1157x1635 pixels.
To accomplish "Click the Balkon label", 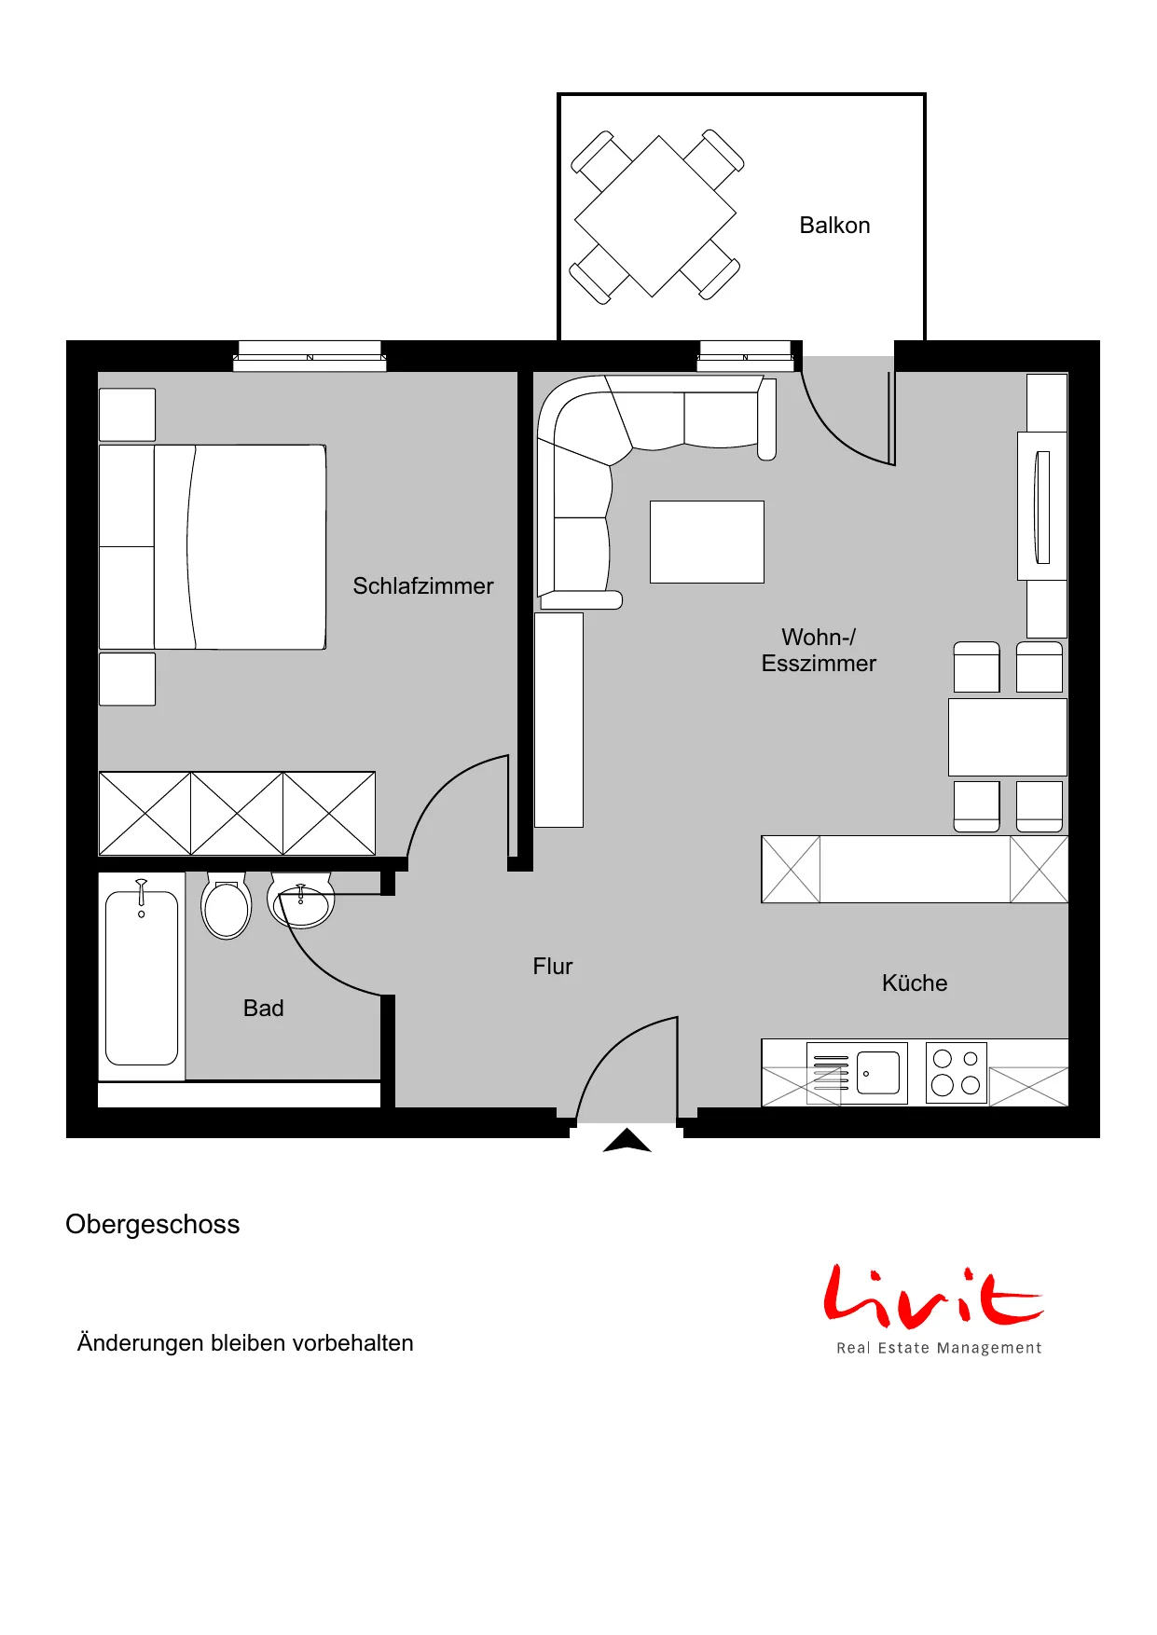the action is click(x=834, y=226).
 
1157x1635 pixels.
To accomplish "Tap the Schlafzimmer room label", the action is click(x=423, y=586).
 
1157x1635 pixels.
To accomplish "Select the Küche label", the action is click(x=915, y=983).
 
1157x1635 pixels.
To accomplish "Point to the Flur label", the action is click(x=553, y=967).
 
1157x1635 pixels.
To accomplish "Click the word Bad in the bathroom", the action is click(x=264, y=1009).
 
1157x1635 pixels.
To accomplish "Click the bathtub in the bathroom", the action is click(x=142, y=976).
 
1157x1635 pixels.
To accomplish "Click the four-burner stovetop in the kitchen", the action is click(x=957, y=1072).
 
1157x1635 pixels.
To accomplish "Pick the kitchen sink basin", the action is click(x=878, y=1073).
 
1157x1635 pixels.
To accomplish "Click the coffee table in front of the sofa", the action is click(x=707, y=542).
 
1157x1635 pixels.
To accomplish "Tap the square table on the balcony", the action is click(x=655, y=216).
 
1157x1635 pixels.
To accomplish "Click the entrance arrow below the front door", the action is click(x=627, y=1141).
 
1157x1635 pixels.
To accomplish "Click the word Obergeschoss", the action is click(x=153, y=1225).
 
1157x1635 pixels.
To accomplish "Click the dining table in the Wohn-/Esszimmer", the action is click(x=1008, y=737).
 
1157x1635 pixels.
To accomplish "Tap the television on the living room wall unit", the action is click(x=1043, y=507).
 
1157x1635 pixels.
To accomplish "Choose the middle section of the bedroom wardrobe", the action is click(x=237, y=813).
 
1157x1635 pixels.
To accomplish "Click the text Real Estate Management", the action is click(x=939, y=1348).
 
